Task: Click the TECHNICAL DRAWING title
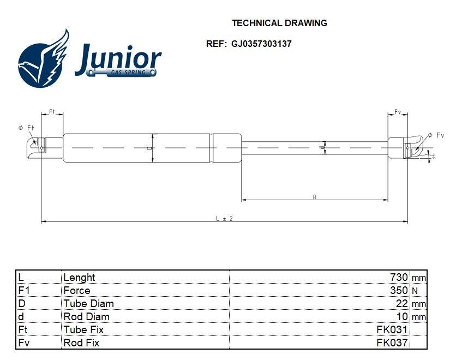(279, 23)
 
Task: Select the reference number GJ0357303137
(261, 44)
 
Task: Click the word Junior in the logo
(118, 59)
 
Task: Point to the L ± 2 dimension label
(224, 218)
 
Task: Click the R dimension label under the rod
(315, 197)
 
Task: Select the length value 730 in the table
(399, 277)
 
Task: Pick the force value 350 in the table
(399, 290)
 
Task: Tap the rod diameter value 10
(402, 316)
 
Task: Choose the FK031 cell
(392, 329)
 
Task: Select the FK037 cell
(392, 343)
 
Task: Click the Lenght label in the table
(79, 277)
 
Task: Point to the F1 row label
(23, 290)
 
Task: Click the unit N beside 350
(415, 291)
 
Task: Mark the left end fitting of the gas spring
(38, 146)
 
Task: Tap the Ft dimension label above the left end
(52, 111)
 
